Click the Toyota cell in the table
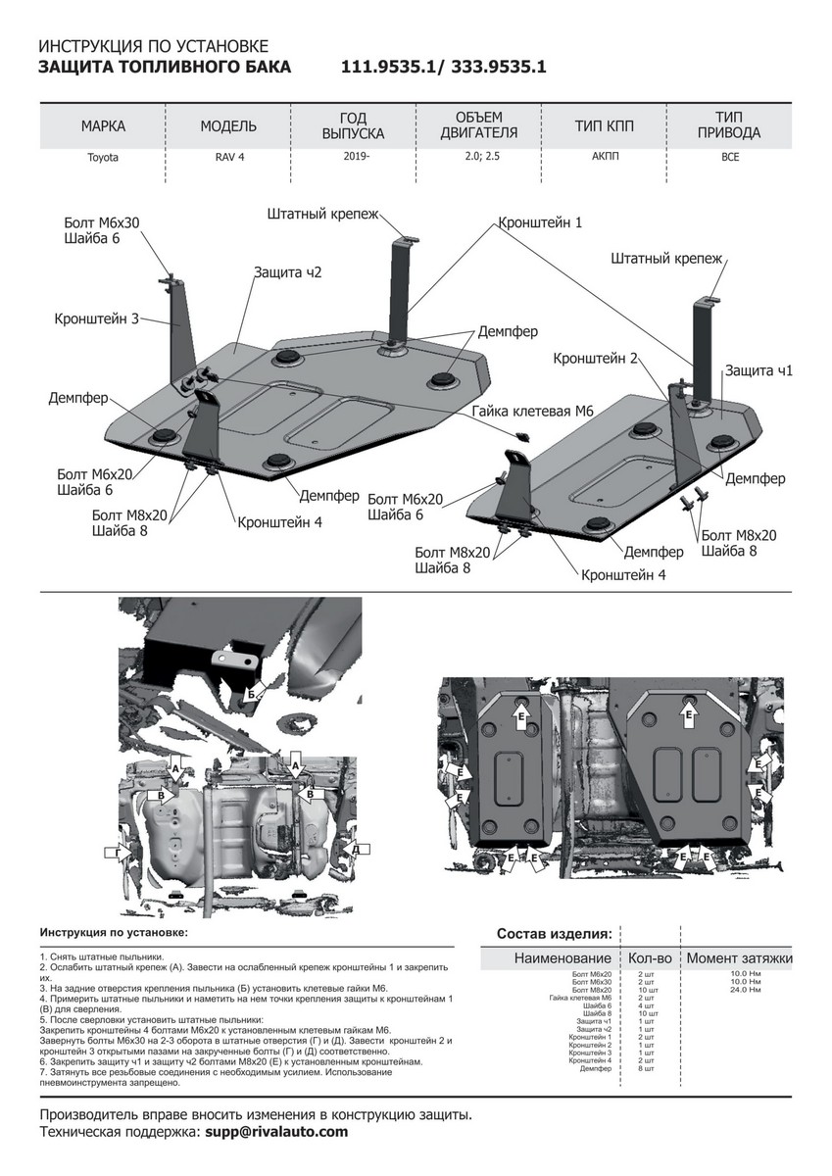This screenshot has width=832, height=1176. (x=102, y=157)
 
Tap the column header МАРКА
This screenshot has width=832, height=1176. (x=102, y=126)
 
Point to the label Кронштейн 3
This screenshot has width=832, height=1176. (x=97, y=318)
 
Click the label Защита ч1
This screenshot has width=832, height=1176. (x=758, y=370)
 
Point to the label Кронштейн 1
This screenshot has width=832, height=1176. (x=540, y=222)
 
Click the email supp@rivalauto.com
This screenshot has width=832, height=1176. (x=276, y=1132)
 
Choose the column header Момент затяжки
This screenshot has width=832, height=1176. (x=739, y=957)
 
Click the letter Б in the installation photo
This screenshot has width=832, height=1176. (x=252, y=693)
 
